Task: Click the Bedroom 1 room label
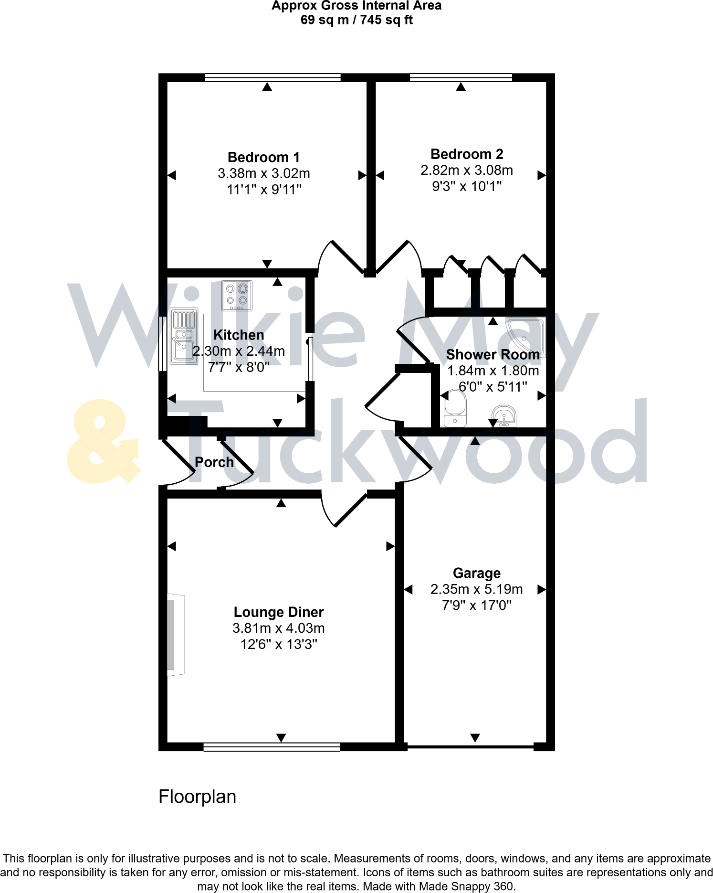coord(263,157)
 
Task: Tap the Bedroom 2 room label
coord(467,154)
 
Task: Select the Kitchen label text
coord(239,335)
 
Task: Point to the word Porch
coord(214,462)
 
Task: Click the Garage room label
coord(476,573)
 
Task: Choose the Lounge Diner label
coord(279,612)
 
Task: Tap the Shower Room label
coord(493,354)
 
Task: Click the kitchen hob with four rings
coord(237,295)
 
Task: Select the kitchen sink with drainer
coord(184,337)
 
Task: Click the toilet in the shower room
coord(455,409)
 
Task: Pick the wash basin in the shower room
coord(504,416)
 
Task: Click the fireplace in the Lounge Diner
coord(174,635)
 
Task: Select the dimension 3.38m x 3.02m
coord(263,173)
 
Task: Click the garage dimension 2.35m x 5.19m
coord(476,589)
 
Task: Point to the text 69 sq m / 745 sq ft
coord(356,20)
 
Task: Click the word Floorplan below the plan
coord(197,797)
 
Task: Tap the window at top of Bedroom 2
coord(461,77)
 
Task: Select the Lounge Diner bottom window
coord(272,747)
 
